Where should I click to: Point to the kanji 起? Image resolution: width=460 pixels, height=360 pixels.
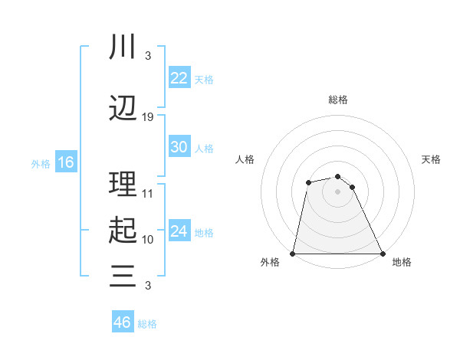click(x=123, y=230)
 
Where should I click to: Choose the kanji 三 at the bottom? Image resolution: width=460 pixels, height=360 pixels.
click(x=123, y=275)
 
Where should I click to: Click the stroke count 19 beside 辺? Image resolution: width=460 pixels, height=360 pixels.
click(x=148, y=117)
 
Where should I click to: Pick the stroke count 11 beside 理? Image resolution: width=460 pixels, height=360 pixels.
click(x=148, y=194)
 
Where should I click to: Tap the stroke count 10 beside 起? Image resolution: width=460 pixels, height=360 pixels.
click(x=148, y=239)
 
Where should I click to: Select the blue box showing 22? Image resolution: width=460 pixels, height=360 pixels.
click(x=179, y=78)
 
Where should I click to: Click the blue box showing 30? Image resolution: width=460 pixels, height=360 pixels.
click(x=179, y=147)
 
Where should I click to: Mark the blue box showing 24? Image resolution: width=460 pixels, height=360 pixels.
click(x=179, y=231)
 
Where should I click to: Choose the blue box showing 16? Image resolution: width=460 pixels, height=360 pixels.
click(x=65, y=162)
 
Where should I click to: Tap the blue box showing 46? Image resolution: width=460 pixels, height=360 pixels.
click(x=123, y=322)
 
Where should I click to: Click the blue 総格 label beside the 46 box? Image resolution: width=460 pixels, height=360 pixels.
click(x=147, y=324)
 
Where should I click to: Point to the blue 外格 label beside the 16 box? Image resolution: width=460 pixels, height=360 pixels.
click(x=41, y=163)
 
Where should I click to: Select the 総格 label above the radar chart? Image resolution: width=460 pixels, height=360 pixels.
click(x=338, y=100)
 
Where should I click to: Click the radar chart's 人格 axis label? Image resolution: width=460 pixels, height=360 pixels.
click(x=245, y=159)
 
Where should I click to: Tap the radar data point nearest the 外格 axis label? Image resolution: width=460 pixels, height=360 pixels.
click(x=293, y=254)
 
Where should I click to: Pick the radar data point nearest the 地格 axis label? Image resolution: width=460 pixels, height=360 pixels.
click(x=382, y=254)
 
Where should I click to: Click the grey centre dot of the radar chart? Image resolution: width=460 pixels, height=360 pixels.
click(x=338, y=191)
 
